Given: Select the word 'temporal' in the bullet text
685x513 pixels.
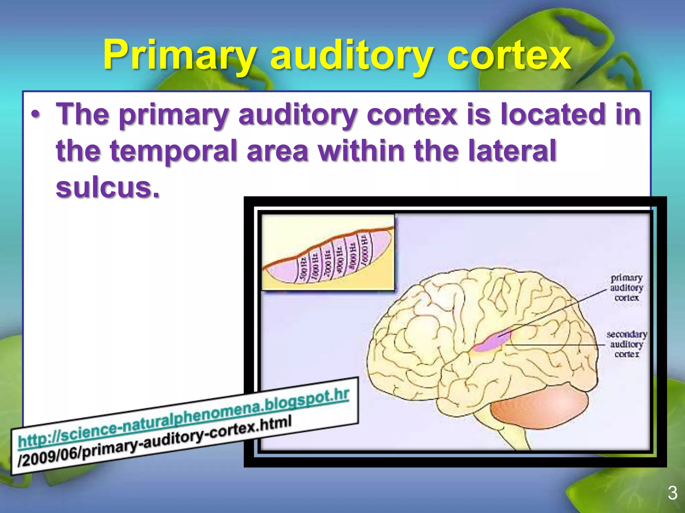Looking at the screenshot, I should [x=174, y=151].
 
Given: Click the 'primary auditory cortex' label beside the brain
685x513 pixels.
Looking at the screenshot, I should [x=626, y=288].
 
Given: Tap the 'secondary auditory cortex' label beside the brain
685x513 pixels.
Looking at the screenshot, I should [x=626, y=344].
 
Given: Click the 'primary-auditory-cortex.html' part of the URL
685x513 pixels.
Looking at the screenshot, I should [x=187, y=441].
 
